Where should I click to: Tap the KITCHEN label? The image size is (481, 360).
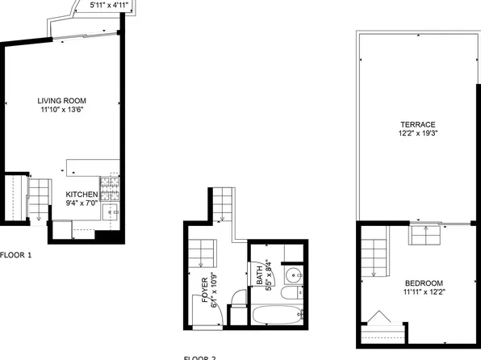82,195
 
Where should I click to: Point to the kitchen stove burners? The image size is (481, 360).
109,194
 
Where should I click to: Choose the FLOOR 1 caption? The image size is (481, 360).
15,256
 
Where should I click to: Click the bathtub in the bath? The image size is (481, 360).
277,314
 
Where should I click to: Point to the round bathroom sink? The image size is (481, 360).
295,277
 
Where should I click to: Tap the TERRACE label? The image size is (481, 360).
417,123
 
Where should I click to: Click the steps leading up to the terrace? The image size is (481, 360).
425,233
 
